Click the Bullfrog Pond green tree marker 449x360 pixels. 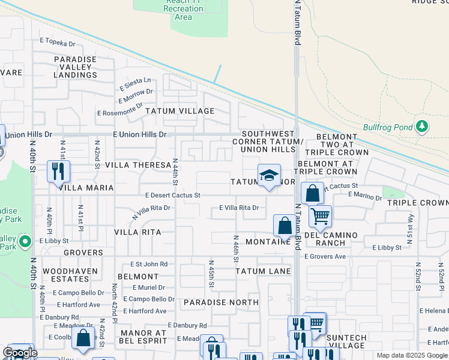coord(422,126)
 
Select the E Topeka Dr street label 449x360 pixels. coord(58,44)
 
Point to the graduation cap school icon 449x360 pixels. coord(269,175)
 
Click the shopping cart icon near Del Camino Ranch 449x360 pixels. coord(321,215)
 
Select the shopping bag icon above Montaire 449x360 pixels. coord(285,226)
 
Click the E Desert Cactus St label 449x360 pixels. coord(172,196)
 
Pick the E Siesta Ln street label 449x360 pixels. coord(135,82)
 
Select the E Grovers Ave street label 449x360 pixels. coord(325,257)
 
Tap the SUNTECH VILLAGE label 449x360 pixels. coord(346,341)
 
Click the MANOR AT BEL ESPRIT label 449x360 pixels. coord(143,337)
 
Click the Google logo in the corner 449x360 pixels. coord(20,353)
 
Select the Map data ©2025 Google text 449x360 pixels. coord(411,355)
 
